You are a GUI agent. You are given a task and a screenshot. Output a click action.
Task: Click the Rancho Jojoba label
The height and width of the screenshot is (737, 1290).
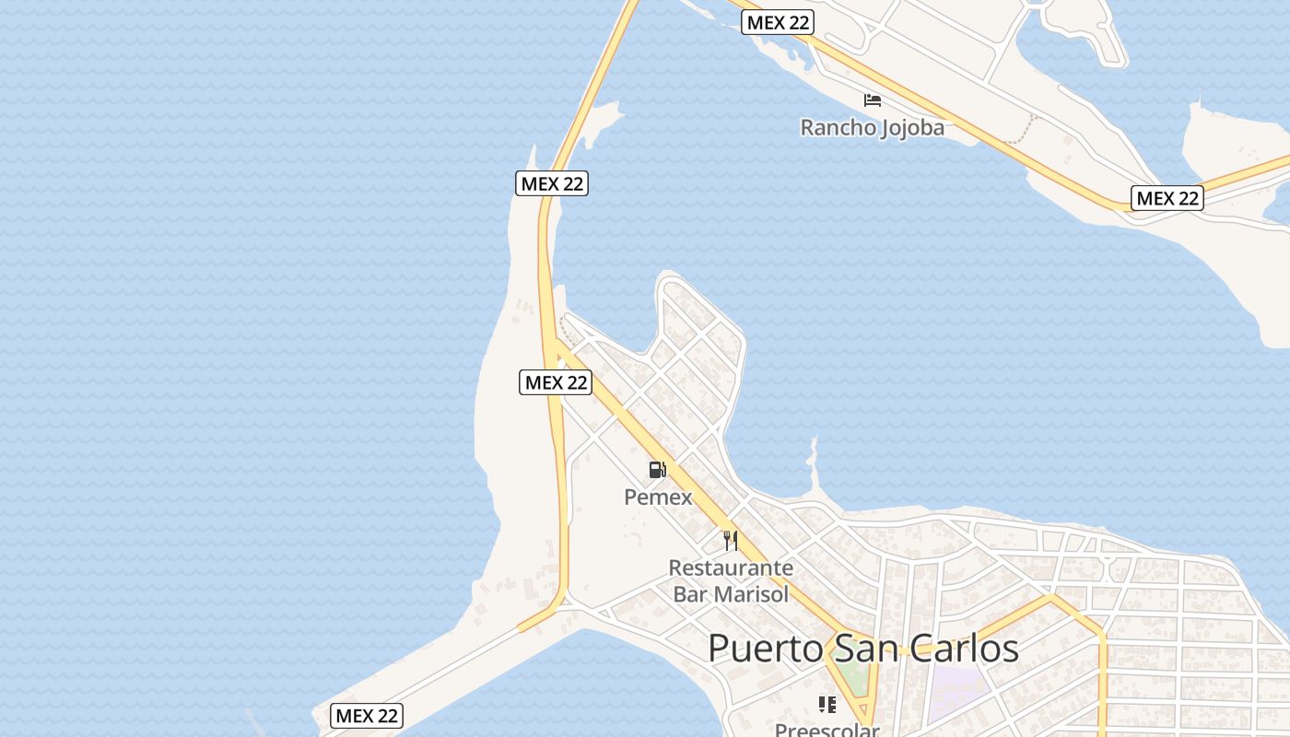tap(872, 127)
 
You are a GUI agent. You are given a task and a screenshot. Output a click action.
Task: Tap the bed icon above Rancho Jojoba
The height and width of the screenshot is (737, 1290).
tap(873, 99)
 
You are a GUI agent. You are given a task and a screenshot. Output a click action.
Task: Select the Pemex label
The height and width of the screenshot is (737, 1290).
tap(658, 497)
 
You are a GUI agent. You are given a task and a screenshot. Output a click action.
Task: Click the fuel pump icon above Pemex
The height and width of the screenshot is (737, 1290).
tap(657, 470)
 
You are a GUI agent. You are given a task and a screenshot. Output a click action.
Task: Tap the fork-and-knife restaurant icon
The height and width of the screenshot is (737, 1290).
tap(731, 540)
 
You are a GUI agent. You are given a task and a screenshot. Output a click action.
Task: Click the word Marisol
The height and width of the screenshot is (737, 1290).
tap(751, 593)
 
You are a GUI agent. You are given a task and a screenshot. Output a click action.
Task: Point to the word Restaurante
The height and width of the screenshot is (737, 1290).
tap(731, 567)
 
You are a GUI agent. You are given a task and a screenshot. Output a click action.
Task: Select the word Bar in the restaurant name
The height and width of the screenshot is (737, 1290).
tap(690, 593)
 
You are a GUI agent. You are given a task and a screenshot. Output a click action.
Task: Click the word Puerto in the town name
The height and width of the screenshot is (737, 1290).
tap(766, 649)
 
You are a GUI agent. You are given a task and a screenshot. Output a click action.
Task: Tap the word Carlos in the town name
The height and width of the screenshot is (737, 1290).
tap(967, 649)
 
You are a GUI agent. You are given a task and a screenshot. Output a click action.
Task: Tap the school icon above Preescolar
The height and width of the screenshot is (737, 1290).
tap(827, 705)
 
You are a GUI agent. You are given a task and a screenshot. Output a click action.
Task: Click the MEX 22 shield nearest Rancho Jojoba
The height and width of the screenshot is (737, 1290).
tap(778, 23)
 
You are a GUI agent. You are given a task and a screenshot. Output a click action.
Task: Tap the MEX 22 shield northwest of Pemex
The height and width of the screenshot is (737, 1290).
tap(557, 381)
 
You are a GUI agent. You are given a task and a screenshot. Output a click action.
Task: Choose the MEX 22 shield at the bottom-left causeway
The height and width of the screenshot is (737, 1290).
tap(367, 715)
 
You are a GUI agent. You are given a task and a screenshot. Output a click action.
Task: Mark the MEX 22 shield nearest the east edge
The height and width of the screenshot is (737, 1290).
tap(1167, 197)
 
